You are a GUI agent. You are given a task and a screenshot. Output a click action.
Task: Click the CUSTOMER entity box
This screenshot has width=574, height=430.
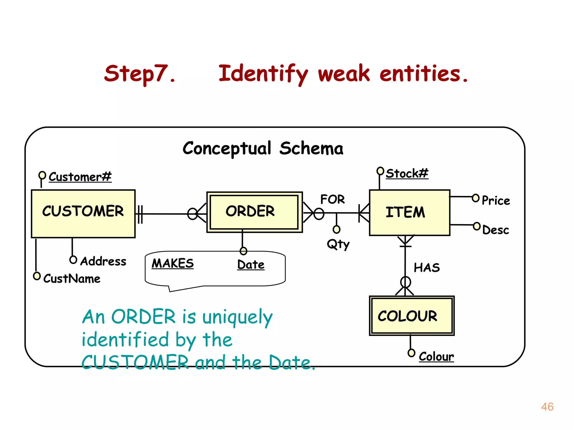(83, 214)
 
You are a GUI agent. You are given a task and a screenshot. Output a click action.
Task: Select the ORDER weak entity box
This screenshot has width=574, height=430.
(254, 212)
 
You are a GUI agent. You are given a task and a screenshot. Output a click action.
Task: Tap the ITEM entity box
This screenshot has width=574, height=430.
(409, 212)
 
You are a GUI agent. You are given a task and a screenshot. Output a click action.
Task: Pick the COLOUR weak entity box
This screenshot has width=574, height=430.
(411, 316)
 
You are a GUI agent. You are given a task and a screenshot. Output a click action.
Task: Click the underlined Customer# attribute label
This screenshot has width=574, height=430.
(80, 177)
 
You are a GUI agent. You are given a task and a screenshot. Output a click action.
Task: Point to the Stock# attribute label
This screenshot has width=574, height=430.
(407, 174)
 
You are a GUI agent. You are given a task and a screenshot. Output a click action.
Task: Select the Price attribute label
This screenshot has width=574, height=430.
(496, 200)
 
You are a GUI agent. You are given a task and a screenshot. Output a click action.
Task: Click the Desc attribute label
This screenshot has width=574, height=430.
(496, 230)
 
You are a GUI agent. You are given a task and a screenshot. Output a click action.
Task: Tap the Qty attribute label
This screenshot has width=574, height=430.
(338, 244)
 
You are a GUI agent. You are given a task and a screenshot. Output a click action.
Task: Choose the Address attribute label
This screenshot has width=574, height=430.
(103, 261)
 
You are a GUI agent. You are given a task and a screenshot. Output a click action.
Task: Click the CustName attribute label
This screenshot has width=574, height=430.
(72, 279)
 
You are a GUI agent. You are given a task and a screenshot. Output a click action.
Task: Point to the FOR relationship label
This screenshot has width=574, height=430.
(332, 199)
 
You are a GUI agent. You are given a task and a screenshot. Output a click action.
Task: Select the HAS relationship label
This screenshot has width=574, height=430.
(427, 268)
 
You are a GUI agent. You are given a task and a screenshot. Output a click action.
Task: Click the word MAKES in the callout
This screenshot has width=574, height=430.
(173, 263)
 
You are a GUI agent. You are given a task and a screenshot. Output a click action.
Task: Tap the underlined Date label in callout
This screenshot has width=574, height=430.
(251, 265)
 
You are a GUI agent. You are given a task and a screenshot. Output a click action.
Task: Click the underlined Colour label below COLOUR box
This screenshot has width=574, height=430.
(436, 356)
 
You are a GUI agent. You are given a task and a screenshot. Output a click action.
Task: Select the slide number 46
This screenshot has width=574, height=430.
(547, 407)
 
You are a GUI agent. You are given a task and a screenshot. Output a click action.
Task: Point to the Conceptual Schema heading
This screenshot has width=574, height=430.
(263, 148)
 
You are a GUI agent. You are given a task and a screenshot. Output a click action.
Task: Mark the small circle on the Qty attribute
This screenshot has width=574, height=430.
(336, 230)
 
